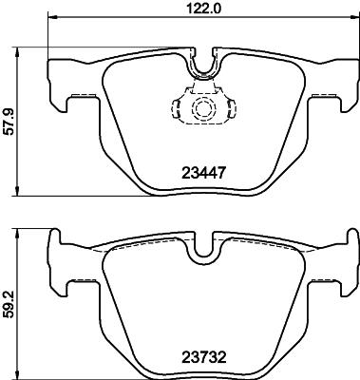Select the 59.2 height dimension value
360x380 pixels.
(x=9, y=302)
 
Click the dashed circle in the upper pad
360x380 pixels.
(x=202, y=109)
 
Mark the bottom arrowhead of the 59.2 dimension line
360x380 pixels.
(x=20, y=372)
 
